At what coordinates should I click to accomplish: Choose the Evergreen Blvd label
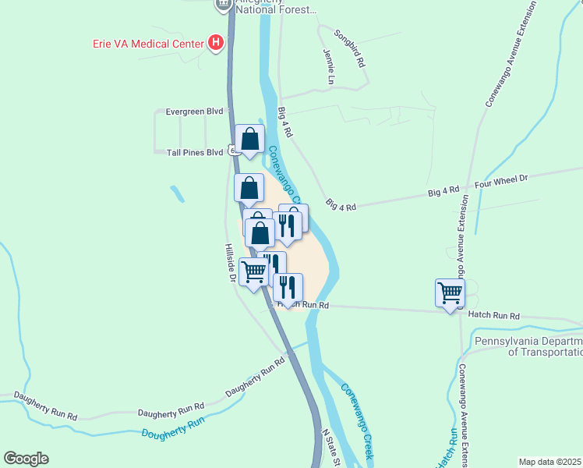(195, 112)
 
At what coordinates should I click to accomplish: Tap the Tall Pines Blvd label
(195, 153)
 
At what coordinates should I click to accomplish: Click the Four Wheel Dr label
(501, 179)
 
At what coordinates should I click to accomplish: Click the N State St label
(332, 449)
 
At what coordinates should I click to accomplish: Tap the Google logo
(26, 459)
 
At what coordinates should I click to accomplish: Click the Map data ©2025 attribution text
(550, 462)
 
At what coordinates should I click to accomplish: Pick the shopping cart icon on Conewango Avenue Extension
(450, 294)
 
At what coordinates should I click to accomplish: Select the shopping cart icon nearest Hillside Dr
(254, 272)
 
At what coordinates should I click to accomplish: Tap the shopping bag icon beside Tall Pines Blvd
(249, 140)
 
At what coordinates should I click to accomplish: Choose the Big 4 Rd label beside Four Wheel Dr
(443, 190)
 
